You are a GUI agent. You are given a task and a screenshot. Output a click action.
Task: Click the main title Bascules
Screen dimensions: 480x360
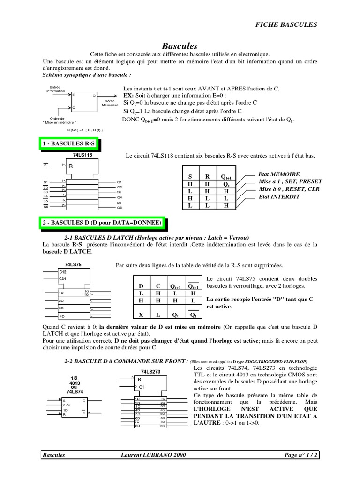tap(180, 46)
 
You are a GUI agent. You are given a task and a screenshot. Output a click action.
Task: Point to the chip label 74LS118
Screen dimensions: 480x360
tap(82, 154)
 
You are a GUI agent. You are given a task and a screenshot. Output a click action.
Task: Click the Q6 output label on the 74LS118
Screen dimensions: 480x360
tap(120, 207)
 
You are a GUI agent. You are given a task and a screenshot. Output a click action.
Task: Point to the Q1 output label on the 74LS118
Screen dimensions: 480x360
tap(120, 182)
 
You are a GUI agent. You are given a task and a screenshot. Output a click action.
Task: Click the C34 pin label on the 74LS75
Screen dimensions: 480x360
tap(63, 279)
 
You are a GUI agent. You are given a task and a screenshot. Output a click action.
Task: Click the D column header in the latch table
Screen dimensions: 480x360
tap(140, 286)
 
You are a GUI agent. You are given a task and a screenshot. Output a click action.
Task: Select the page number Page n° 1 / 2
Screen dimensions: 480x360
tap(302, 455)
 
